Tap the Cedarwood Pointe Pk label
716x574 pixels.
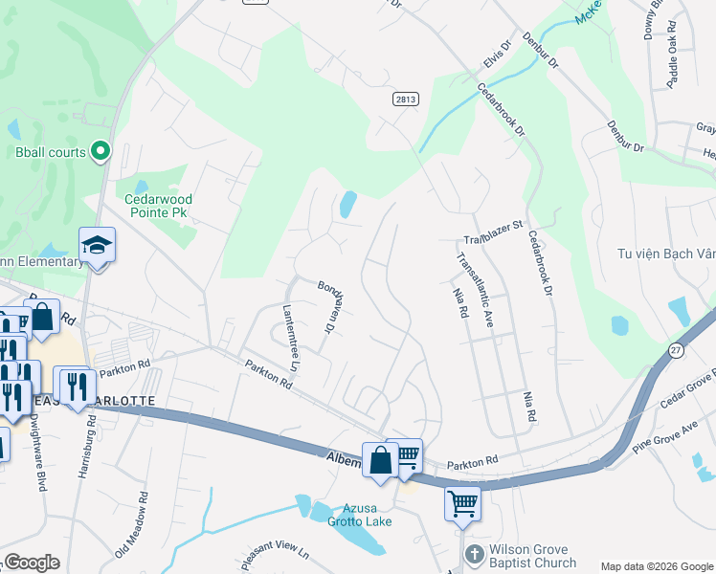coord(159,206)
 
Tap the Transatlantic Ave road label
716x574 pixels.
coord(475,290)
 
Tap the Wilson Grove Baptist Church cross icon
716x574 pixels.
coord(474,555)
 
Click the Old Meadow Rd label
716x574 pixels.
coord(131,526)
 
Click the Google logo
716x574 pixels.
coord(32,563)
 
